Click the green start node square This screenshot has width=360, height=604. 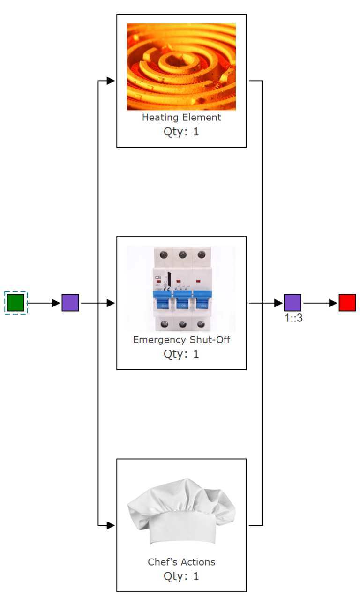15,303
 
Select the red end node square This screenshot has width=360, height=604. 347,303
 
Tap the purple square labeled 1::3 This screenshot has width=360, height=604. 292,303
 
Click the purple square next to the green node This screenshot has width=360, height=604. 70,303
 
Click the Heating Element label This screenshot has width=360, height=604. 181,118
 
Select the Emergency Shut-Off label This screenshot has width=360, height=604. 181,340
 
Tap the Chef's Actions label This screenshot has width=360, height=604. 181,562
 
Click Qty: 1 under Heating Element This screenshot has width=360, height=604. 181,132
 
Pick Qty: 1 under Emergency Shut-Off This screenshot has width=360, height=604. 181,354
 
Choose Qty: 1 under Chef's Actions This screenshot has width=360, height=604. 181,576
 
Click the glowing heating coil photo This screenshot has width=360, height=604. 181,67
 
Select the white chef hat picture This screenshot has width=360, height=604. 181,511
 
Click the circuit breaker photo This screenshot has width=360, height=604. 181,289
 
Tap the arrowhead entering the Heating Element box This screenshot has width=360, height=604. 111,81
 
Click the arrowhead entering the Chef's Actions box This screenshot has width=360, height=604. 111,525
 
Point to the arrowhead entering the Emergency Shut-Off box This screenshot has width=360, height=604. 111,303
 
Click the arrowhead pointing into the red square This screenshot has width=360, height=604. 333,303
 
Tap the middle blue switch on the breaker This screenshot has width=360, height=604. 182,300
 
